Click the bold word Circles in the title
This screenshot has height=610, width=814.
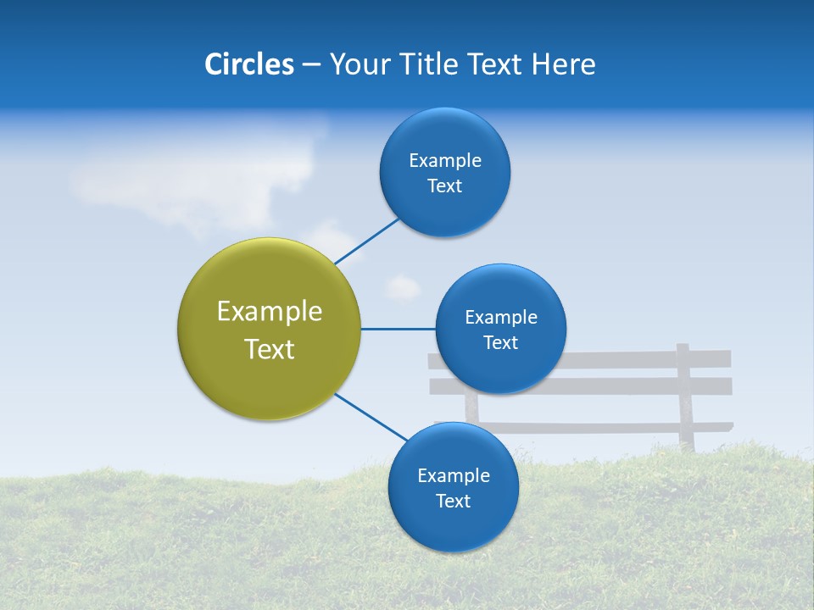pos(248,64)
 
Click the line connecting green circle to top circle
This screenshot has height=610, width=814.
pos(366,241)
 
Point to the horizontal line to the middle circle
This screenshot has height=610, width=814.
pos(398,329)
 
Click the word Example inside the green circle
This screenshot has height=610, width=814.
pos(269,312)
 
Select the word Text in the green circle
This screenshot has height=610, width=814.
pos(269,349)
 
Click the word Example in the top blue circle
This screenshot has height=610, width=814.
pos(444,161)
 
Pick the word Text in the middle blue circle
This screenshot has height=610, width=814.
pos(500,343)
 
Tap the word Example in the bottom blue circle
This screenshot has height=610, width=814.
pos(453,476)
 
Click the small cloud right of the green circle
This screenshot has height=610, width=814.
pos(403,288)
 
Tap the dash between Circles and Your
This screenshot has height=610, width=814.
pos(311,65)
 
